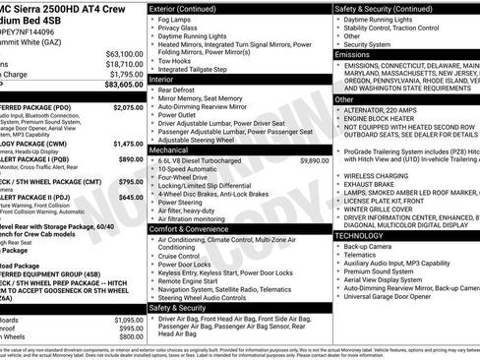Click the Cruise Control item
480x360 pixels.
tap(186, 255)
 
